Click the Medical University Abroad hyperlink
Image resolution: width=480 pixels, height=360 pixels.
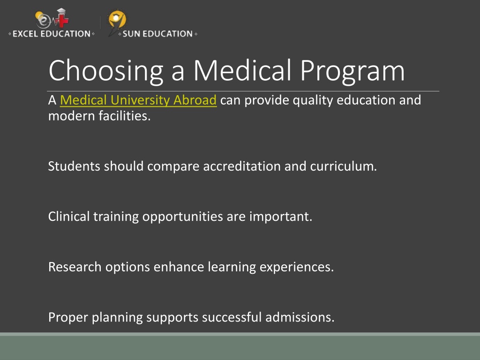[x=138, y=100]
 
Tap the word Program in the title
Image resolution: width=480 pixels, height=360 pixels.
[x=352, y=72]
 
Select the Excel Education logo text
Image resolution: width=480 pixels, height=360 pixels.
[x=52, y=34]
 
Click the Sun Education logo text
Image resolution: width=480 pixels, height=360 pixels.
[x=157, y=34]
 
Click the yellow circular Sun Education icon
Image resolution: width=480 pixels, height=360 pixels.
[x=117, y=19]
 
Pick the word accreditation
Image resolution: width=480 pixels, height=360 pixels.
[x=242, y=166]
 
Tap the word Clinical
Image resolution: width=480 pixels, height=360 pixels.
[x=69, y=217]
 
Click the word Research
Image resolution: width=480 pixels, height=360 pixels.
[x=75, y=267]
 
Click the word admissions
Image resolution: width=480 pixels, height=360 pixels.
[x=300, y=317]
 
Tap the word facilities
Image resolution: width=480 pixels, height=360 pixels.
[x=125, y=116]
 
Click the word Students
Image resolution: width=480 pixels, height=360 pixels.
[x=74, y=166]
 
